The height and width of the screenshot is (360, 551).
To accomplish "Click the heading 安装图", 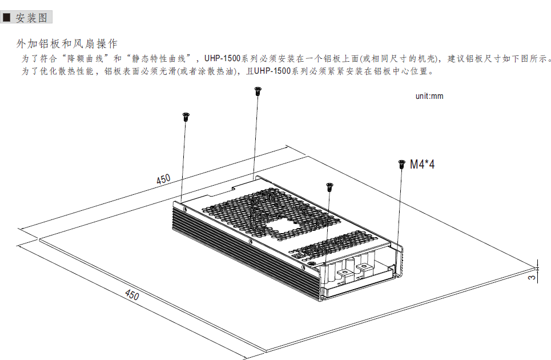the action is tap(31, 17).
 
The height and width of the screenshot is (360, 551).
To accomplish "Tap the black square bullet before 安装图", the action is tap(7, 17).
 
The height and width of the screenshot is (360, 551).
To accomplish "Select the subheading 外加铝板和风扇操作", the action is tap(67, 43).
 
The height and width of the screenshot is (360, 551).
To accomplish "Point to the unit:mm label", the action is tap(429, 96).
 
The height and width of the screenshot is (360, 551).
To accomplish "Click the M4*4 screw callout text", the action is tap(422, 164).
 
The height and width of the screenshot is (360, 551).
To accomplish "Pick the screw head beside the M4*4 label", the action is tap(401, 164).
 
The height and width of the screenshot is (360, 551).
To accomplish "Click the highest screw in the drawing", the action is tap(258, 91).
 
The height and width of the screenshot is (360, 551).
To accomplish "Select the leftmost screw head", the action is tap(186, 117).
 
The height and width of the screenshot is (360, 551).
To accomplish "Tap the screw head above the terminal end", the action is tap(329, 187).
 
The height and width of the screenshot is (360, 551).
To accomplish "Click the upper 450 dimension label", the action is tap(163, 179).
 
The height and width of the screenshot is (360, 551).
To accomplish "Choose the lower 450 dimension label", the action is tap(132, 294).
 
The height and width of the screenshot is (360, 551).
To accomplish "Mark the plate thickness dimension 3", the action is tap(532, 277).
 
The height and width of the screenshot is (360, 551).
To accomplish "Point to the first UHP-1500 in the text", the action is tap(223, 58).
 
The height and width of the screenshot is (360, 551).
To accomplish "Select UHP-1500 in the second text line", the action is tap(272, 71).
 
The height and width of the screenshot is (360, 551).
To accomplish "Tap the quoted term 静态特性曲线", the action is tap(159, 58).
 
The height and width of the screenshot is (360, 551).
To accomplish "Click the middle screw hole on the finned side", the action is tap(250, 242).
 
